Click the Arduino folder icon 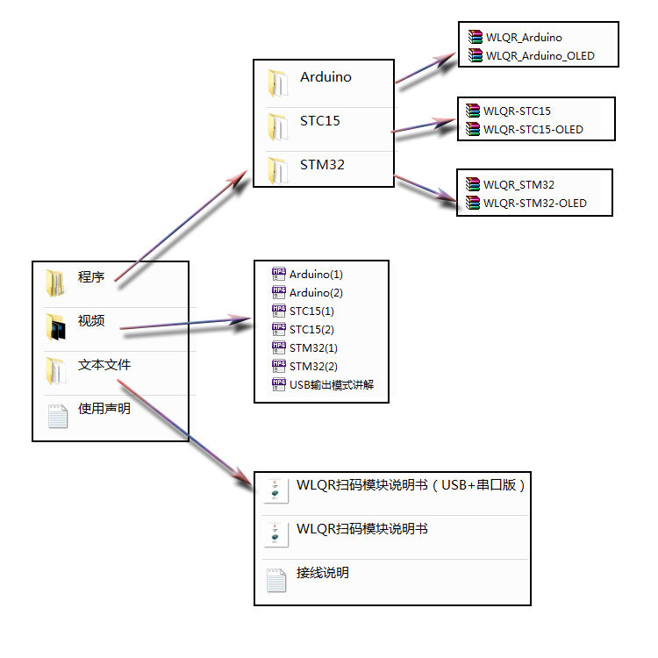click(278, 81)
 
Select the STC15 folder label click(319, 121)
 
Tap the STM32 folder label click(322, 165)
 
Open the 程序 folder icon click(56, 283)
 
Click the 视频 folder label click(91, 321)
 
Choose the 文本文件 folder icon click(56, 369)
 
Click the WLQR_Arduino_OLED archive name click(540, 56)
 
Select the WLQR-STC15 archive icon click(474, 111)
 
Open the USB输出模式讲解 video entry click(325, 385)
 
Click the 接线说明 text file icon click(275, 579)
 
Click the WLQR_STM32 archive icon click(474, 185)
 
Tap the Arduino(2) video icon click(279, 292)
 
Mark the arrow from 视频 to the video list click(184, 325)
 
